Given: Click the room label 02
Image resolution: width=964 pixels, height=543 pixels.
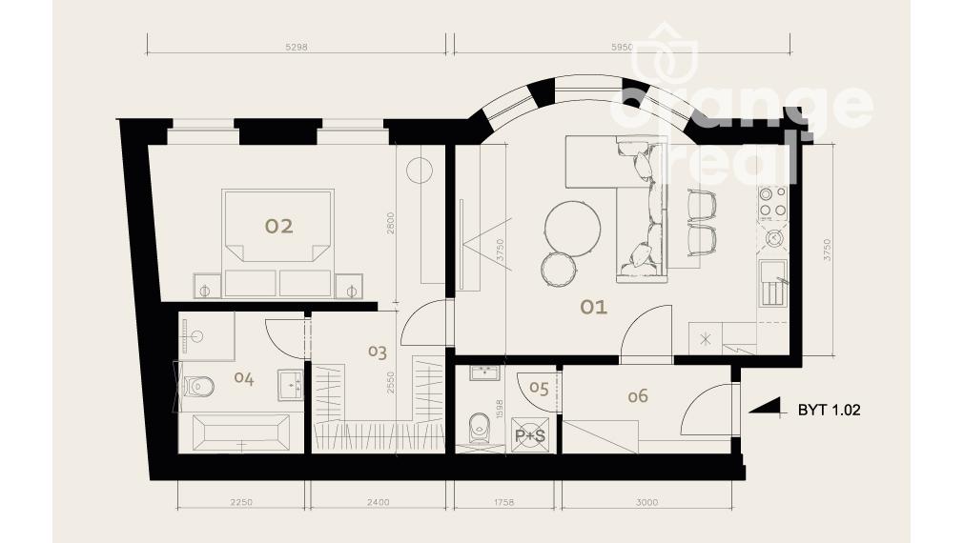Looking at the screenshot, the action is tap(278, 226).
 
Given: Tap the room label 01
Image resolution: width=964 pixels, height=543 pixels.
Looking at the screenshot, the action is tap(594, 307).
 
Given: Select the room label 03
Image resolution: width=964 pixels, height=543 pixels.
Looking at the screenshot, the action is tap(378, 352).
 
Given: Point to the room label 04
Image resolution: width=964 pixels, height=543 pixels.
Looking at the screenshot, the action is tap(244, 378).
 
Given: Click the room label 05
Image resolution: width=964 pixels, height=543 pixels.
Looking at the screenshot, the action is tap(539, 389).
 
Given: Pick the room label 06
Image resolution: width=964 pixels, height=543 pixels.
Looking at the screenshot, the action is tap(638, 396).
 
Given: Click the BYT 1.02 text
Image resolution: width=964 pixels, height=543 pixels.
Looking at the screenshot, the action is tap(829, 410).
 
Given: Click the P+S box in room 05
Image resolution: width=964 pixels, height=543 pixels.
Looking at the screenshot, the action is tap(529, 435).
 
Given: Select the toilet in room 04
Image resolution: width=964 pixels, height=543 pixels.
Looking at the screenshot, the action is tap(198, 387).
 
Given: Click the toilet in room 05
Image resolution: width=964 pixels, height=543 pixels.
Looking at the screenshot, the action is tap(478, 428).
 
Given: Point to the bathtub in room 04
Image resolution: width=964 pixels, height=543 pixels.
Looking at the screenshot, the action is tap(241, 433).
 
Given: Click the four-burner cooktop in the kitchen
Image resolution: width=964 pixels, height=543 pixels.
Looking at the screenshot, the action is tap(772, 203).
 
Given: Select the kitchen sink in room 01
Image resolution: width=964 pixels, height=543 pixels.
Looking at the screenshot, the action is tap(772, 283).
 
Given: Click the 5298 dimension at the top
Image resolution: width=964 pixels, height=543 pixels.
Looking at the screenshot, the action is tap(297, 47).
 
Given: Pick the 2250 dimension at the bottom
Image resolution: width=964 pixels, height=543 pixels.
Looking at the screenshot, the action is tap(241, 502).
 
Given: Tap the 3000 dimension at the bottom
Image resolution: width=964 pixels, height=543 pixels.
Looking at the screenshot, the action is tap(646, 502).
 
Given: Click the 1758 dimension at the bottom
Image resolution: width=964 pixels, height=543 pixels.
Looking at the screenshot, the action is tap(503, 502).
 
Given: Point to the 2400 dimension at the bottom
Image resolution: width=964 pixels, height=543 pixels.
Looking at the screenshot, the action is tap(379, 502).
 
